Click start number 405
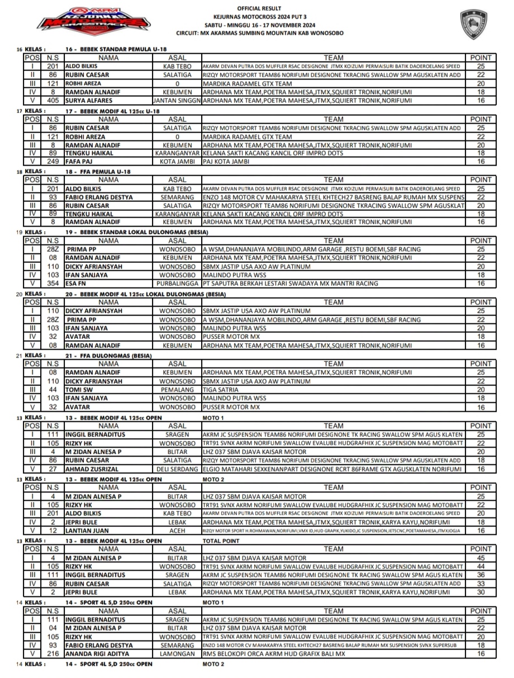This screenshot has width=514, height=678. [x=53, y=101]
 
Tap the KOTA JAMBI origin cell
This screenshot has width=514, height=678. [x=177, y=162]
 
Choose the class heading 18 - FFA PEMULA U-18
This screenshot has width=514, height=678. [x=98, y=171]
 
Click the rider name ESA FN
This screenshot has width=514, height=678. [x=76, y=284]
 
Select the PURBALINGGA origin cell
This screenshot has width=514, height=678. [x=177, y=284]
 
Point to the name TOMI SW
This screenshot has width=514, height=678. [x=79, y=389]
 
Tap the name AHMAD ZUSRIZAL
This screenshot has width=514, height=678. [x=92, y=469]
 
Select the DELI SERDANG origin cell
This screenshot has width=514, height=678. [x=177, y=469]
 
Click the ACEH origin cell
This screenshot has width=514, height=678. [x=177, y=530]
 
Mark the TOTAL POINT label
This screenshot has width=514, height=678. [x=221, y=541]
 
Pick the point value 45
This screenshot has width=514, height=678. [x=480, y=558]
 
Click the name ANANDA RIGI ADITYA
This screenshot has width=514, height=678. [x=96, y=653]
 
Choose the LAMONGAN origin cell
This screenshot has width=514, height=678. [x=177, y=653]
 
